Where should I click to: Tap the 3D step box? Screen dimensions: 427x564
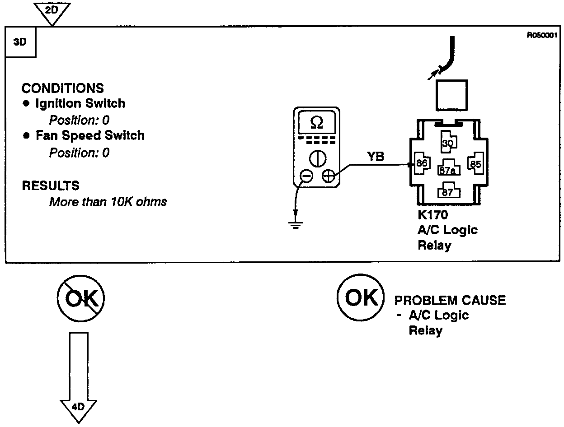pyautogui.click(x=20, y=42)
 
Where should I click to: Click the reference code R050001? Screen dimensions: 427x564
pyautogui.click(x=545, y=35)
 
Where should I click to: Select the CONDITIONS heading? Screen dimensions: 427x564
pyautogui.click(x=62, y=88)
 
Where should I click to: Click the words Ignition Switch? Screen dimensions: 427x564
pyautogui.click(x=80, y=103)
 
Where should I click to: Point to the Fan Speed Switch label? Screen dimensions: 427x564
pyautogui.click(x=90, y=135)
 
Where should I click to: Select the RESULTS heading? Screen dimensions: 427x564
pyautogui.click(x=50, y=186)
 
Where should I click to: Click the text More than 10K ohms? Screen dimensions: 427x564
pyautogui.click(x=108, y=201)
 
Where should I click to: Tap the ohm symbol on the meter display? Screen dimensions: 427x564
pyautogui.click(x=317, y=122)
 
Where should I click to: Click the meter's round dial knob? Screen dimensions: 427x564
pyautogui.click(x=318, y=158)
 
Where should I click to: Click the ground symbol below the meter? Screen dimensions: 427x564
pyautogui.click(x=296, y=224)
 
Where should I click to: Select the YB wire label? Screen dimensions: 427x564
pyautogui.click(x=376, y=156)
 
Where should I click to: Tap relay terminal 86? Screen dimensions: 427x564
pyautogui.click(x=421, y=163)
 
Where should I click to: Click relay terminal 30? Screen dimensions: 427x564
pyautogui.click(x=447, y=143)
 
